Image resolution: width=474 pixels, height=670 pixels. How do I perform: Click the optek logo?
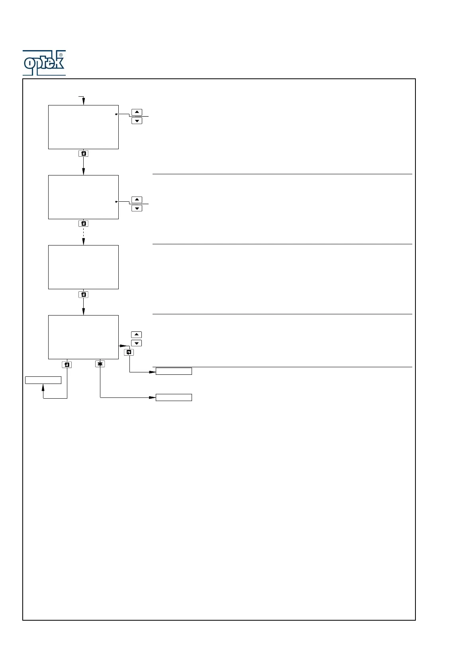tap(44, 63)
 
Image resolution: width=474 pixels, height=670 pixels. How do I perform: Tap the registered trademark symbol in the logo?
tap(61, 55)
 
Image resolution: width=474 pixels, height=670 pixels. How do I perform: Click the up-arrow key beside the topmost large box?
tap(137, 112)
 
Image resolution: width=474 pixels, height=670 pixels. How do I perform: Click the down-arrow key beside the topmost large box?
tap(137, 121)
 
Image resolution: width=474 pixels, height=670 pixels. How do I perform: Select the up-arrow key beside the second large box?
tap(137, 200)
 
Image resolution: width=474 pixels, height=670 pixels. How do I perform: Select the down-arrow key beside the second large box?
tap(137, 208)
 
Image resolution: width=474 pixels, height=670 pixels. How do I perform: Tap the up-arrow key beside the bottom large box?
tap(136, 335)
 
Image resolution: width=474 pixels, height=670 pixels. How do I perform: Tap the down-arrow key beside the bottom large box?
tap(136, 343)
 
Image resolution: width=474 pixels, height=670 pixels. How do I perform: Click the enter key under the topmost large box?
tap(83, 154)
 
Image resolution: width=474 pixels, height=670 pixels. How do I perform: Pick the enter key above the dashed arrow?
tap(83, 224)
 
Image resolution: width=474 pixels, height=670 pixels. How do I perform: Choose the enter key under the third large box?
tap(83, 295)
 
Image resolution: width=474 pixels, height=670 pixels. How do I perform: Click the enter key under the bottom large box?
tap(67, 364)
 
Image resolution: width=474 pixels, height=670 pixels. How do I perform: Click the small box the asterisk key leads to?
tap(174, 397)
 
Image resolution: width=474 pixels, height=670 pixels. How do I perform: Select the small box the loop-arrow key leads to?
tap(174, 371)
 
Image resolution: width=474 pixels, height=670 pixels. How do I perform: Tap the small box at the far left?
tap(43, 380)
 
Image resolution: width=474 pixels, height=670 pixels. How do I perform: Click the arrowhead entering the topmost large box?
tap(83, 102)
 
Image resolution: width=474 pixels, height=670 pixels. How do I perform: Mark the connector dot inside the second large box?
tap(116, 202)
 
